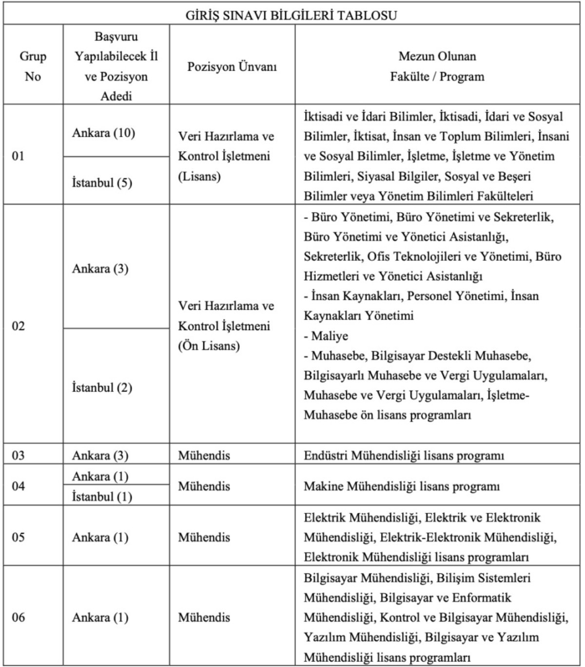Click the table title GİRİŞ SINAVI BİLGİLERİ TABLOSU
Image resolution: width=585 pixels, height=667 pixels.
click(x=292, y=15)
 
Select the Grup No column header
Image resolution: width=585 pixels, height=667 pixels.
click(x=33, y=66)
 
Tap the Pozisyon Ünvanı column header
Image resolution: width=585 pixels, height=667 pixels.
click(x=232, y=66)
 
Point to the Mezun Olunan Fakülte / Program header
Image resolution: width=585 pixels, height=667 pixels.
click(x=437, y=66)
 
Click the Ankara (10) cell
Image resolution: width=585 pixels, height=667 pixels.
click(x=103, y=133)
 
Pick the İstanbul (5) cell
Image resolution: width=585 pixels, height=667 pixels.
click(x=102, y=183)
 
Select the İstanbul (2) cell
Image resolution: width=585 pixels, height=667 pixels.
click(x=102, y=388)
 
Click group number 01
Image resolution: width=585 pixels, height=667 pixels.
click(x=18, y=157)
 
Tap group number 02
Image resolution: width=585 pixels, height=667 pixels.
click(x=18, y=326)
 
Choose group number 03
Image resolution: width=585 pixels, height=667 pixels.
click(x=18, y=455)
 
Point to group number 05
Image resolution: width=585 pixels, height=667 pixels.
click(x=18, y=537)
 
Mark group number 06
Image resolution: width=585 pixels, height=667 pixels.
click(x=18, y=617)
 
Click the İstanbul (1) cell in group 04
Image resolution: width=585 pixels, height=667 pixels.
click(x=102, y=496)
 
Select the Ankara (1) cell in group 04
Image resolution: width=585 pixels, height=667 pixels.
click(x=100, y=476)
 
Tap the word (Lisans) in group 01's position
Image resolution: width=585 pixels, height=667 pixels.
click(x=199, y=176)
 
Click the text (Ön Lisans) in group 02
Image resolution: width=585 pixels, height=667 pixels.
click(x=209, y=346)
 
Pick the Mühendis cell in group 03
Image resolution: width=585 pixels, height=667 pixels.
click(x=204, y=455)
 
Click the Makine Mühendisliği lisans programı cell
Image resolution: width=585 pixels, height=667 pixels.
click(x=402, y=486)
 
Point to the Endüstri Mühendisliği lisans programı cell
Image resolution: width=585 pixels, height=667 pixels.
click(x=404, y=455)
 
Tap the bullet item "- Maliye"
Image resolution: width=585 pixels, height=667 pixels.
click(x=326, y=336)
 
